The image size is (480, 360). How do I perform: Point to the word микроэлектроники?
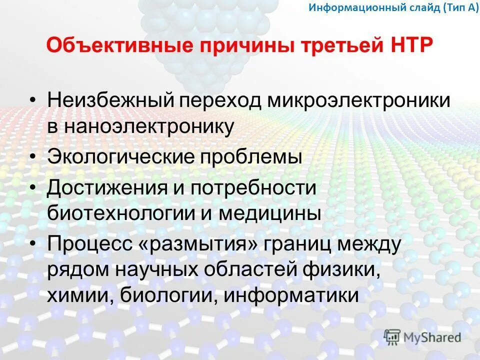(x=359, y=100)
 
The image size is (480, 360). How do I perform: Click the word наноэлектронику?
(x=148, y=127)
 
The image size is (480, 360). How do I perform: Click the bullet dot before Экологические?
(x=32, y=157)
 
